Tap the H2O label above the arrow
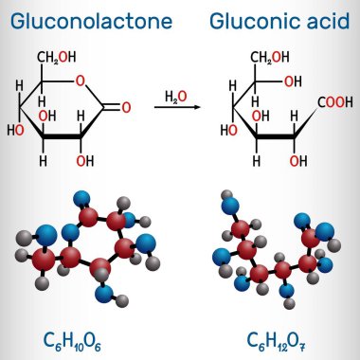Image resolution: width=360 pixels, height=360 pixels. [175, 97]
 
